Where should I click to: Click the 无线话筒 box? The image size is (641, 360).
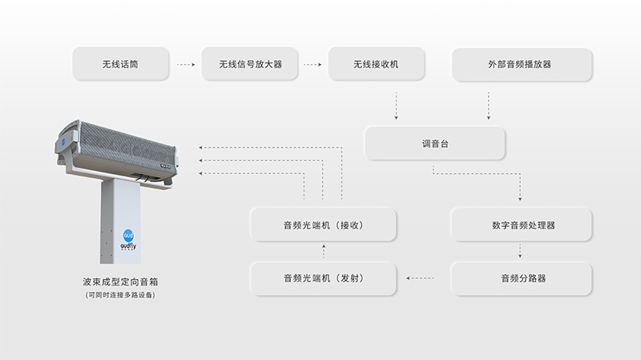[120, 64]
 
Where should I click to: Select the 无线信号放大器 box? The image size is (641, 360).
[248, 64]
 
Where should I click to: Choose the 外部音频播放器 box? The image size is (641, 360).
[522, 64]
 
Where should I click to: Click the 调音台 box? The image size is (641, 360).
[435, 144]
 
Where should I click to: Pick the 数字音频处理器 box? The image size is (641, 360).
[522, 225]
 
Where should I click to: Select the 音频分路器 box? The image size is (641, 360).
[522, 278]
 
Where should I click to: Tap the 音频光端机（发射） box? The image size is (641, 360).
[324, 278]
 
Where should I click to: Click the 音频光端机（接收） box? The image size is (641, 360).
[324, 225]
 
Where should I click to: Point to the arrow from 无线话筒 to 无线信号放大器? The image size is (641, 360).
[186, 64]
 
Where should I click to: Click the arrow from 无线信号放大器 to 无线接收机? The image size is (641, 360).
[313, 64]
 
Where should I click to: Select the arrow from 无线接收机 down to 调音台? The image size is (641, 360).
[396, 105]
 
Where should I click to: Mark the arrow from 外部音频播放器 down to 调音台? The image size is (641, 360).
[489, 105]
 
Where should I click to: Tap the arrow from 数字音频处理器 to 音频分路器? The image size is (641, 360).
[521, 252]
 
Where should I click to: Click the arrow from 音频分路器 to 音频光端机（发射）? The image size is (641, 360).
[421, 278]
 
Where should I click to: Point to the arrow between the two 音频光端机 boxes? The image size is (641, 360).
[324, 252]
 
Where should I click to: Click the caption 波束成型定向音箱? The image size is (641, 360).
[120, 282]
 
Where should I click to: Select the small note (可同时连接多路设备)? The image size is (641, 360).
[120, 295]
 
